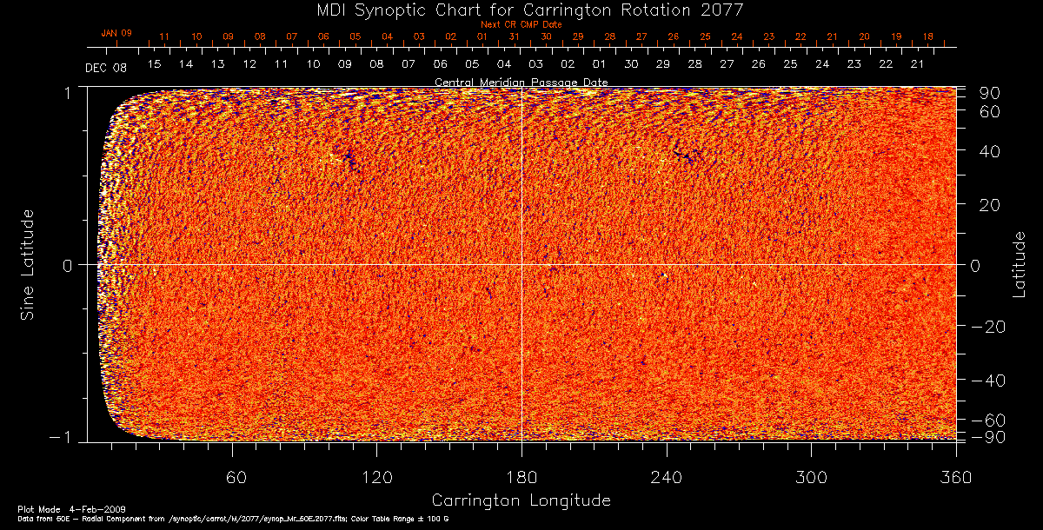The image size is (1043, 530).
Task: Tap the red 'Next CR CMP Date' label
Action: click(521, 25)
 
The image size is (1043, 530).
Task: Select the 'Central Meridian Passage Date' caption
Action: click(521, 82)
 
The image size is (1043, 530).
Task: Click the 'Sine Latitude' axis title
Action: click(28, 263)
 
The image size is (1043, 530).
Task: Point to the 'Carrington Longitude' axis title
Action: click(521, 500)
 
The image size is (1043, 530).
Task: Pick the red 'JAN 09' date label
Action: click(116, 33)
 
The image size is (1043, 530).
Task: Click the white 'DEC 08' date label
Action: click(106, 68)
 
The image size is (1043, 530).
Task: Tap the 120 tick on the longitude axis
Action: click(376, 477)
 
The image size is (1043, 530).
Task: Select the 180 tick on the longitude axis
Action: click(521, 477)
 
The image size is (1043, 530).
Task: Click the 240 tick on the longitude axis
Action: click(667, 477)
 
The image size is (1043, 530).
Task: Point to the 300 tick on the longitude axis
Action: click(811, 477)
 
